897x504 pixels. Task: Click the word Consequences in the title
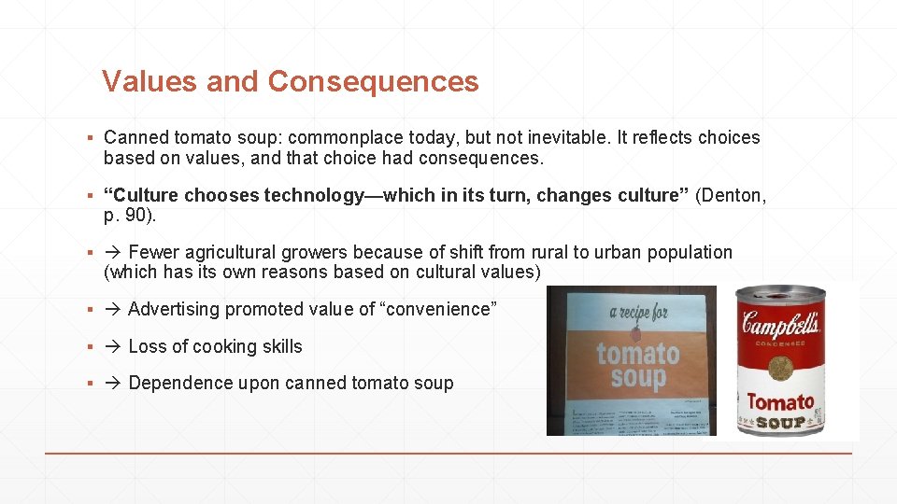coord(373,82)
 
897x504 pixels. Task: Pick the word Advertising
coord(175,309)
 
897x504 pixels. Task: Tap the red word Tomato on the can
coord(780,403)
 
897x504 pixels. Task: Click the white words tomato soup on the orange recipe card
coord(638,366)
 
